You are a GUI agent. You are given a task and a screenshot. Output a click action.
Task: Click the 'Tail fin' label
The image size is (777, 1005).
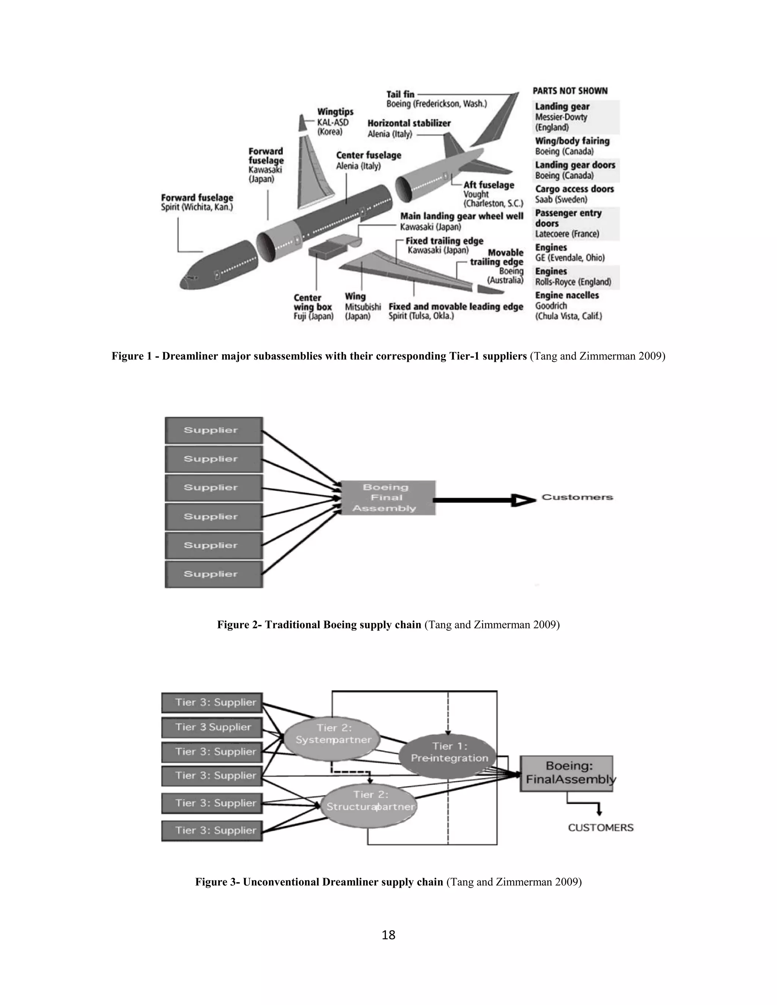[x=400, y=94]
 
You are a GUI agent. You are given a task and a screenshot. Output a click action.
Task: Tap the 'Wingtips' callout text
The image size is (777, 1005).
[x=335, y=112]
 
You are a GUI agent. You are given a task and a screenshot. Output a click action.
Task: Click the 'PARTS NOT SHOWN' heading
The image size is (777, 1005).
[x=570, y=91]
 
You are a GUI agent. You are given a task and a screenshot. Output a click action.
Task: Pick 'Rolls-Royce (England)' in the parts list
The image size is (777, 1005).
[x=573, y=282]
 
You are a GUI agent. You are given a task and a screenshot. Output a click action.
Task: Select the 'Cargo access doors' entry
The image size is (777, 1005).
[x=574, y=189]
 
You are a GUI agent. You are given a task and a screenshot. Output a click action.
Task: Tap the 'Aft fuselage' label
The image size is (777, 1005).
[x=488, y=185]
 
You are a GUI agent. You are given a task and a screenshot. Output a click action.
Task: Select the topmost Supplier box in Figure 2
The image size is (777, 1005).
[x=214, y=430]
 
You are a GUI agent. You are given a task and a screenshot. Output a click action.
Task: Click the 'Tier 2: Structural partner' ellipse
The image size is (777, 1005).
[x=370, y=801]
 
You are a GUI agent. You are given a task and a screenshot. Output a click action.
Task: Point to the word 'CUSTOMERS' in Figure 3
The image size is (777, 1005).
[x=600, y=828]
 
